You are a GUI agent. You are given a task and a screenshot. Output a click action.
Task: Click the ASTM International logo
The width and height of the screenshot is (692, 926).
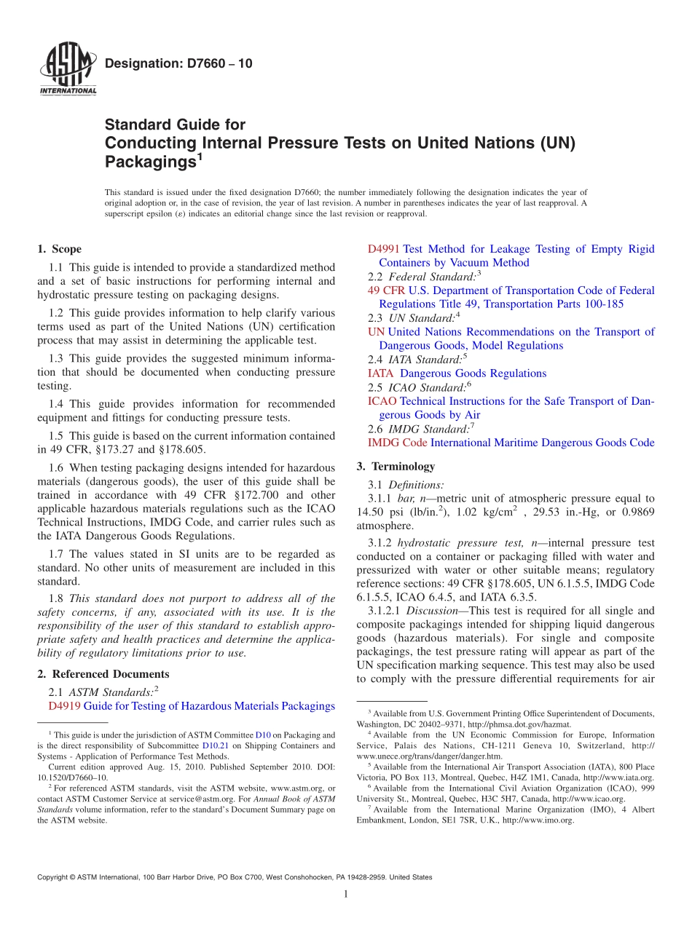pyautogui.click(x=67, y=71)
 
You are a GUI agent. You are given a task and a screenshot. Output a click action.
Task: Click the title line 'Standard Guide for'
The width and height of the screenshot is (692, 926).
pyautogui.click(x=175, y=124)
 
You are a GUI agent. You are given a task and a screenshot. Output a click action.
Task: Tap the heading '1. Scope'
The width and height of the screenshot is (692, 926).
pyautogui.click(x=59, y=249)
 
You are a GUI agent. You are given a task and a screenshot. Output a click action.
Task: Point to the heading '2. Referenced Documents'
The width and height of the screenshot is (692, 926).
pyautogui.click(x=103, y=674)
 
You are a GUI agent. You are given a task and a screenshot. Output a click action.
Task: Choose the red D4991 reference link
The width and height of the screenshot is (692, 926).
pyautogui.click(x=383, y=249)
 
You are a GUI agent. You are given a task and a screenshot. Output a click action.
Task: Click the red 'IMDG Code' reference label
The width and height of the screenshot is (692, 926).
pyautogui.click(x=397, y=442)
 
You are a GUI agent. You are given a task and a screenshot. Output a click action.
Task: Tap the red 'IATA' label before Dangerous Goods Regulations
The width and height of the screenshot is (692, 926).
pyautogui.click(x=380, y=373)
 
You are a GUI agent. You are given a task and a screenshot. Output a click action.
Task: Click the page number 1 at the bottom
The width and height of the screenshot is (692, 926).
pyautogui.click(x=346, y=895)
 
